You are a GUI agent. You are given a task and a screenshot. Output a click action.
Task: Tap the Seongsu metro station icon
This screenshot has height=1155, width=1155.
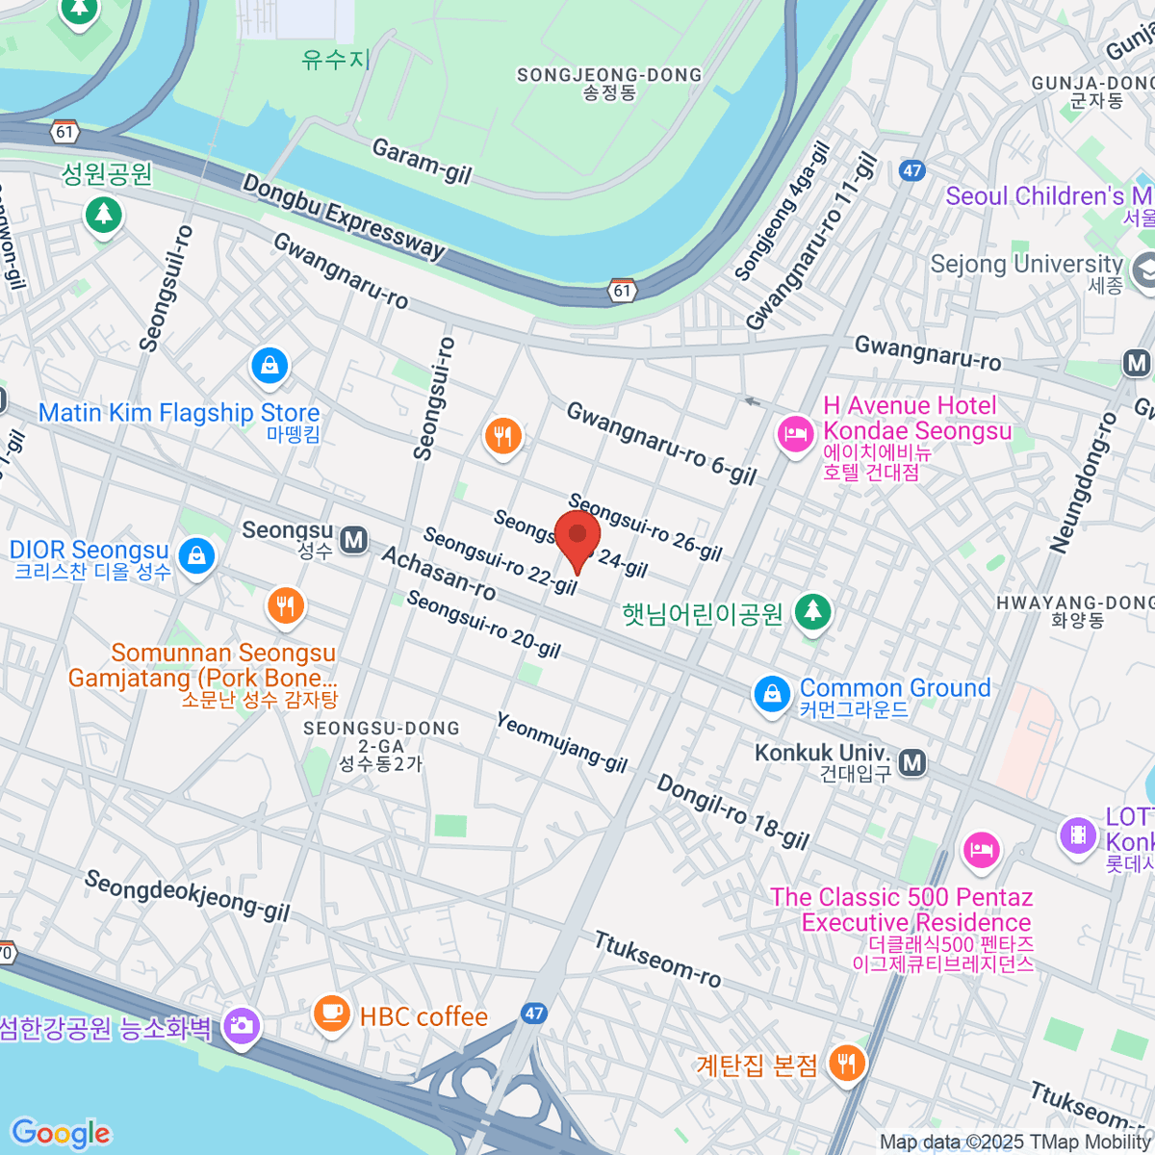[x=354, y=540]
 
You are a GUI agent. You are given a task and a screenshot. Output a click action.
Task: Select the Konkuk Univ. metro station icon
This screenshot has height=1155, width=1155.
[x=912, y=763]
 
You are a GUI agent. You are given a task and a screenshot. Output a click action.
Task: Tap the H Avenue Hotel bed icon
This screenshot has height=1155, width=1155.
[x=795, y=435]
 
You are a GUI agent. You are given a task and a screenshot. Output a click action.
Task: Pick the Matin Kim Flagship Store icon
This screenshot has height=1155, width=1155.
[x=270, y=366]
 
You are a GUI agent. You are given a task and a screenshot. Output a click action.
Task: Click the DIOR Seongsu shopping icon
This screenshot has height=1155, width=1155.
[x=196, y=556]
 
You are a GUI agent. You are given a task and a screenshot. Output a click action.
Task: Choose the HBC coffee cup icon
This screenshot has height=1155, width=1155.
[x=332, y=1014]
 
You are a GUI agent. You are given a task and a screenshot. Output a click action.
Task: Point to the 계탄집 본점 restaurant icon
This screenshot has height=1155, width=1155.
[x=847, y=1064]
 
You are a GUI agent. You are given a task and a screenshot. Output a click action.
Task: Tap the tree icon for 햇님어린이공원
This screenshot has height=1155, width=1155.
[x=813, y=611]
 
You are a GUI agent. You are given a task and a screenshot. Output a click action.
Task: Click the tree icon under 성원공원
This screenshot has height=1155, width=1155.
[x=103, y=214]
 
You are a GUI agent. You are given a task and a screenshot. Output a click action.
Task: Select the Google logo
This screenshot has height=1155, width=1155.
[x=61, y=1134]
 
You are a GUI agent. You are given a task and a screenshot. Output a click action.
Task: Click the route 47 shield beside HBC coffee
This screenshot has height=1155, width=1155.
[x=534, y=1014]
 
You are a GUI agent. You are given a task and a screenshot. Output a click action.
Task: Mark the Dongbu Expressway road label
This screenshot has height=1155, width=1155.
[x=343, y=217]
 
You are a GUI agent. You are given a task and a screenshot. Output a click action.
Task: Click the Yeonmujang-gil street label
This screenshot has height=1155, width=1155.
[x=561, y=742]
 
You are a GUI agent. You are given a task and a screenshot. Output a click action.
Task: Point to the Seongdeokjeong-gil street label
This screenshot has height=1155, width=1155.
[x=187, y=896]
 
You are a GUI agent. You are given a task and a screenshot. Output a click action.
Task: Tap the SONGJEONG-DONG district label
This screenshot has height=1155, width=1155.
[x=609, y=76]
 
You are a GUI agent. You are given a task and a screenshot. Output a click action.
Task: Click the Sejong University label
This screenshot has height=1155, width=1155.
[x=1026, y=264]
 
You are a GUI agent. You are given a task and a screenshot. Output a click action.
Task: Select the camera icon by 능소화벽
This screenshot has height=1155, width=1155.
[x=241, y=1026]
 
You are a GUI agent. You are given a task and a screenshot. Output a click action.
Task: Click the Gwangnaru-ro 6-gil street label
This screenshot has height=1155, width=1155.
[x=661, y=443]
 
